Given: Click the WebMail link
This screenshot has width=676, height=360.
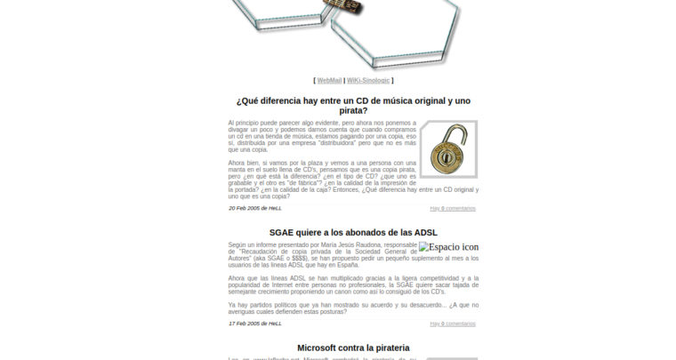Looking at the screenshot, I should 329,80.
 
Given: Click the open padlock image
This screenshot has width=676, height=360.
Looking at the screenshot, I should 448,148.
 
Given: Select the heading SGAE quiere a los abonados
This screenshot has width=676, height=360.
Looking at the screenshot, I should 353,233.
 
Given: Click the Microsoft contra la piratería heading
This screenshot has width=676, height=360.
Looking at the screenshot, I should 353,348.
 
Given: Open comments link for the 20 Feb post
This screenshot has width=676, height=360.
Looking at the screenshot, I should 452,208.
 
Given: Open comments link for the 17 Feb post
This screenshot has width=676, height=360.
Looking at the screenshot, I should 452,324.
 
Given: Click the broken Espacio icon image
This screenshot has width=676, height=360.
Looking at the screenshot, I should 448,247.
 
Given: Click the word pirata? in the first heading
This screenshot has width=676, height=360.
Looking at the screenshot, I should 353,111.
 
